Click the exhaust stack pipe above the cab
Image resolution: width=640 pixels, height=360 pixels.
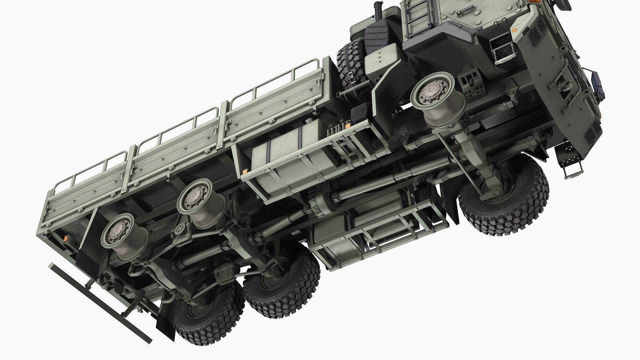coord(379,13)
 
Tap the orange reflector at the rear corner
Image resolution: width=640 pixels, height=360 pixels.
coord(66,239)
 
